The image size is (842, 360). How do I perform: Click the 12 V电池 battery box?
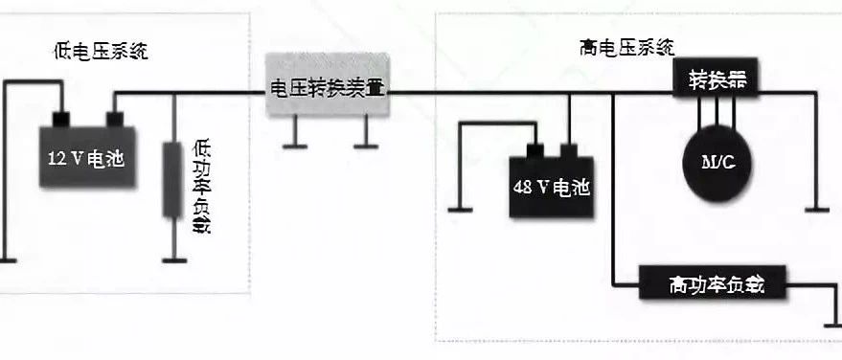coord(87,157)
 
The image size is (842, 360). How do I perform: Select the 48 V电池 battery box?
coord(552,187)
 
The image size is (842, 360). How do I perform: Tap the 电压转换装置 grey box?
coord(328,85)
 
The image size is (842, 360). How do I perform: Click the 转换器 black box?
coord(717,79)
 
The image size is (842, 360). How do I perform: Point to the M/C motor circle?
coord(717,164)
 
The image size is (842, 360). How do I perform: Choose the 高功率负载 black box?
coord(712,282)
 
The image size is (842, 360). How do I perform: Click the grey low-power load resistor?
coord(173,180)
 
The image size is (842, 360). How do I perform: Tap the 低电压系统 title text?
coord(101,52)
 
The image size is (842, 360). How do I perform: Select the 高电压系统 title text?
coord(627,48)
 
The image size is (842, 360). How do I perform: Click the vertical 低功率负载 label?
coord(201,188)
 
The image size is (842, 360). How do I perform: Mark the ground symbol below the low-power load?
coord(174,260)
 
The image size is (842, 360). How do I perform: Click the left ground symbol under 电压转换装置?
coord(295,146)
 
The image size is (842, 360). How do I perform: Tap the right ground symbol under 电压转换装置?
coord(366,146)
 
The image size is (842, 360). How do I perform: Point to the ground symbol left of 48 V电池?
coord(460,210)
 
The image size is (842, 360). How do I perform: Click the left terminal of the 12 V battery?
coord(61,120)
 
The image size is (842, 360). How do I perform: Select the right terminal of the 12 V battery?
coord(115,120)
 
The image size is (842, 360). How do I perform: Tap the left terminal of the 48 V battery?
coord(535,150)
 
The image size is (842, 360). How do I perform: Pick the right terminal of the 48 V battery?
coord(569,150)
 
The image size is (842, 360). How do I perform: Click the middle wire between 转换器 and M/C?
coord(717,112)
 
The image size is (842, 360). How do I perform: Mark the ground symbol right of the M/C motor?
coord(817,210)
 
